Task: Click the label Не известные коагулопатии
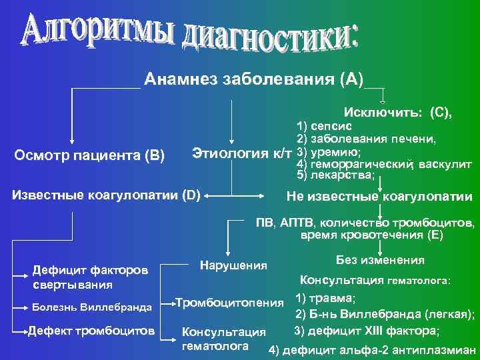[x=379, y=197]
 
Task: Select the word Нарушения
[x=233, y=265]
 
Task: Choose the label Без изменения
[x=381, y=259]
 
